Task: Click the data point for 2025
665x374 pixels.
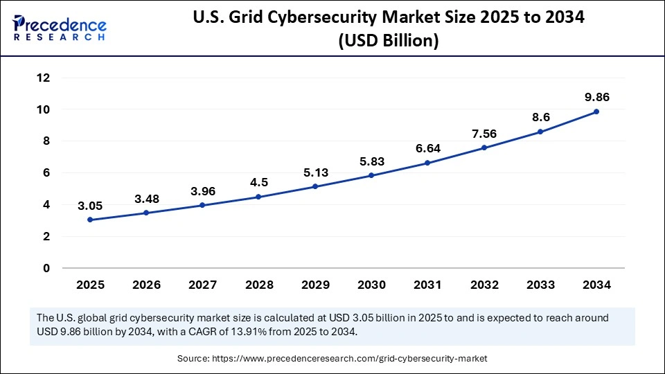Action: click(90, 220)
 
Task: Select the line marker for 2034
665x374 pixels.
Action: click(596, 112)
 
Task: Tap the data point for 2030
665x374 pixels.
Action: click(371, 175)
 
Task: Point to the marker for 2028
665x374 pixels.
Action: click(258, 197)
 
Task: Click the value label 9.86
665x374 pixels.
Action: click(596, 96)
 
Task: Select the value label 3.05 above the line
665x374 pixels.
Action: click(90, 205)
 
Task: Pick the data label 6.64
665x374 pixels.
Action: click(427, 148)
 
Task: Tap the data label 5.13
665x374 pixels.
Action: click(314, 172)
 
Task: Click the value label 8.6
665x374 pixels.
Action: click(540, 117)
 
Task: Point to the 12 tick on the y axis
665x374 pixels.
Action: click(44, 78)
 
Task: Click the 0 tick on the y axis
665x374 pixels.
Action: click(46, 268)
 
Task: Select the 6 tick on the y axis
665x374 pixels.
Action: click(46, 173)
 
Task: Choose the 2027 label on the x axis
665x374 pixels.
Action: click(202, 285)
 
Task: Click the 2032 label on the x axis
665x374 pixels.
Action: click(484, 285)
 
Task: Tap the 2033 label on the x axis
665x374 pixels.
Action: click(540, 285)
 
